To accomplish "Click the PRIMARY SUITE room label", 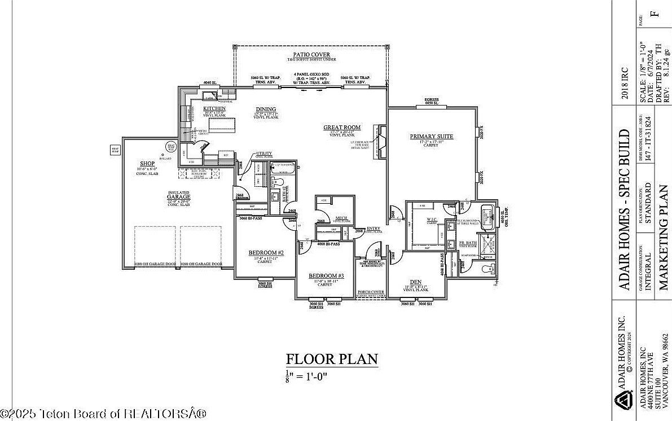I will tap(432, 137).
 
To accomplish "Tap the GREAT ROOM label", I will tap(342, 128).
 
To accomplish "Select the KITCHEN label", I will tap(214, 108).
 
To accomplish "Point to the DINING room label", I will tap(266, 109).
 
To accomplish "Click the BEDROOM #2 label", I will tap(266, 252).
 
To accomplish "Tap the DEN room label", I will tap(416, 282).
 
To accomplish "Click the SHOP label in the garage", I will tap(147, 164).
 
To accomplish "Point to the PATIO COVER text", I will tap(311, 55).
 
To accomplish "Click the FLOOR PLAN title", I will tap(332, 359).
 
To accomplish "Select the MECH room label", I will tap(341, 217).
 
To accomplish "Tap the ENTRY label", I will tap(374, 229).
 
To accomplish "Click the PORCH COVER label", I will tap(371, 292).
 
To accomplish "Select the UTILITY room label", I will tap(264, 154).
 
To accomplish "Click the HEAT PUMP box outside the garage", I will tap(115, 150).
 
